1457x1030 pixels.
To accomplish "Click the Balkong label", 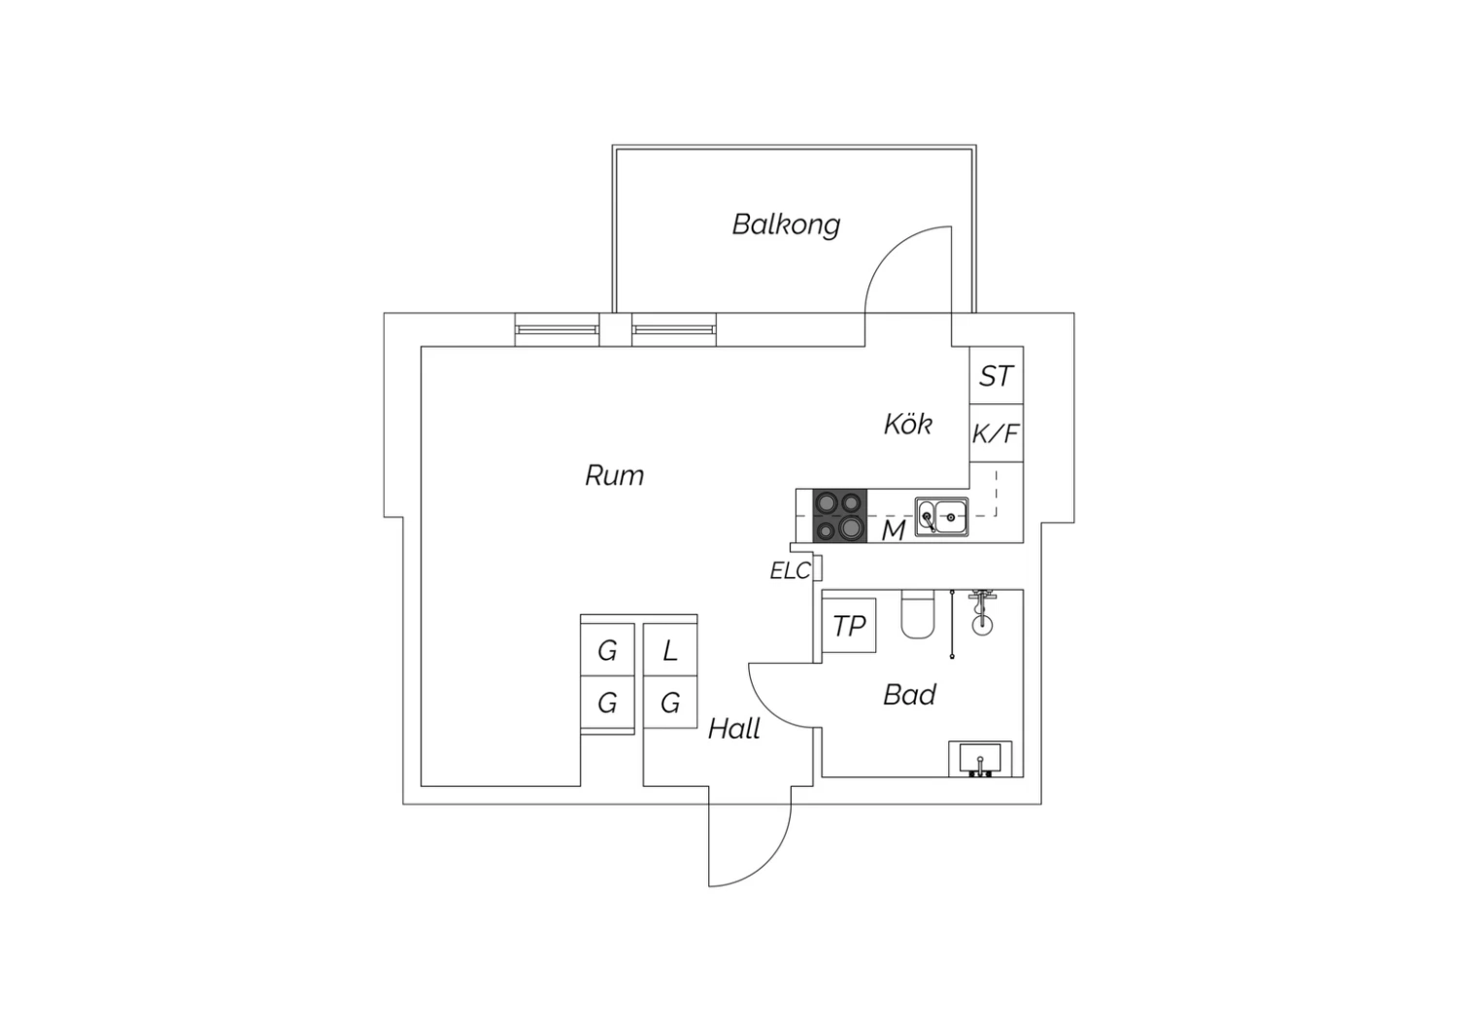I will (x=786, y=224).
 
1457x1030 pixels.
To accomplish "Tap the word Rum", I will (x=614, y=475).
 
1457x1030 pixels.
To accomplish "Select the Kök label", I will (x=908, y=424).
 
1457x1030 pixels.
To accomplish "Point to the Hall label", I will (x=733, y=729).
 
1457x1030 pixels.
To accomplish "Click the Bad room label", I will (x=909, y=695).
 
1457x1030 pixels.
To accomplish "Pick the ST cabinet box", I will (x=997, y=376).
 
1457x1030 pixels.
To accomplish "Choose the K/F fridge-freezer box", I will (x=997, y=433).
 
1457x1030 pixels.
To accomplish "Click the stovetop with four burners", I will (x=840, y=516).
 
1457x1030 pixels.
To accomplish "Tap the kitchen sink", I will (x=941, y=517).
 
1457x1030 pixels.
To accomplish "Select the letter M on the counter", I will (x=893, y=531).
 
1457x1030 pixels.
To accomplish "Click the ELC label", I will (x=790, y=571).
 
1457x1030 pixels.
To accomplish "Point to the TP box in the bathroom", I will (x=849, y=626).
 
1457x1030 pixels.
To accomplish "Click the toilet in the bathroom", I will (x=917, y=615).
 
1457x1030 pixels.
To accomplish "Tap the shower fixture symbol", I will (x=982, y=611).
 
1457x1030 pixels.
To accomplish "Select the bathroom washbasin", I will (x=980, y=759).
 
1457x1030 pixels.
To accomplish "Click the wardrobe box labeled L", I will (x=670, y=650).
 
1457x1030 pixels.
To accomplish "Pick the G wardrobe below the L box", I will (x=670, y=703).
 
